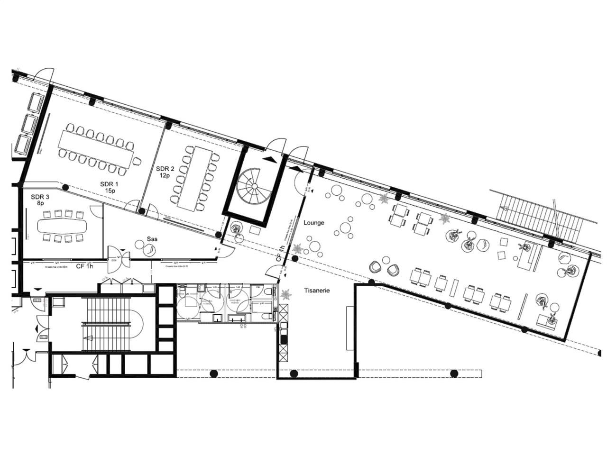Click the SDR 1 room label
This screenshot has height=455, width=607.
(x=109, y=184)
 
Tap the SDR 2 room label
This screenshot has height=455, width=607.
(x=166, y=168)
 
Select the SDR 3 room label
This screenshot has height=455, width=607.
(x=40, y=197)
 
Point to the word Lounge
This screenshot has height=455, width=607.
(x=314, y=222)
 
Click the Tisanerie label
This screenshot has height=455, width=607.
(x=317, y=291)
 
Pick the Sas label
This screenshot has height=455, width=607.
(x=152, y=239)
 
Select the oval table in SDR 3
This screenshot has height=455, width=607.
(x=62, y=226)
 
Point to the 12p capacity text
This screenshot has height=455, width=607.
(x=165, y=175)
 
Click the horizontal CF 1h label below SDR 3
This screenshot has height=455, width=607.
(x=84, y=266)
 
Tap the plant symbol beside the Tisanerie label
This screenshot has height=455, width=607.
(x=285, y=294)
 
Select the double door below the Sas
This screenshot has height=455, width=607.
(x=117, y=260)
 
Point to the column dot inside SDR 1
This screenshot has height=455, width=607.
(x=65, y=188)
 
